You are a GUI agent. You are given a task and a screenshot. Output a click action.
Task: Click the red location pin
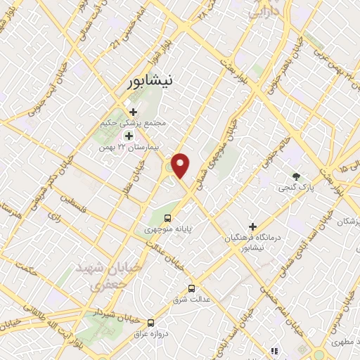[x=181, y=165]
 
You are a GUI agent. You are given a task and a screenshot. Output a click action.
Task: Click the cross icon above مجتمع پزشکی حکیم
[x=133, y=111]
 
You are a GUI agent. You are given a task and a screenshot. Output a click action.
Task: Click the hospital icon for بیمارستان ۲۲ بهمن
[x=129, y=135]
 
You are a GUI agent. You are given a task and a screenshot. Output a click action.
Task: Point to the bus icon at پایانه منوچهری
[x=167, y=218]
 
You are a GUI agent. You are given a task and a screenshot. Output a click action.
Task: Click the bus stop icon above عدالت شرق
[x=191, y=288]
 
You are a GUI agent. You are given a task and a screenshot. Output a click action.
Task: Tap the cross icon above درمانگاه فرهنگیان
[x=252, y=226]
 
